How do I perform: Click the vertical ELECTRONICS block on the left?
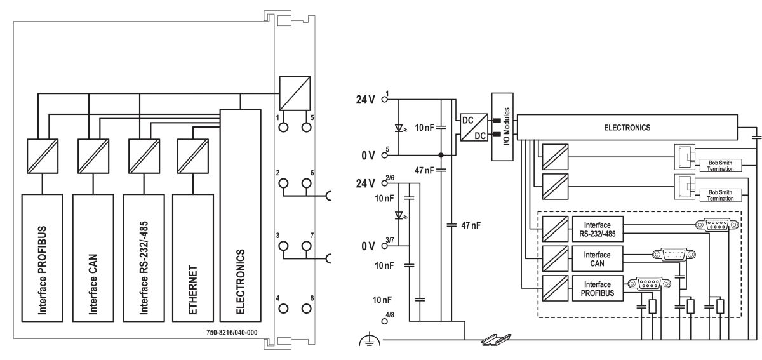pyautogui.click(x=240, y=216)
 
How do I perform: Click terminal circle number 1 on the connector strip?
pyautogui.click(x=283, y=127)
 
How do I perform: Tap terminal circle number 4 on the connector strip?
pyautogui.click(x=283, y=309)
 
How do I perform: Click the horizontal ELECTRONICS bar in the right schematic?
pyautogui.click(x=627, y=127)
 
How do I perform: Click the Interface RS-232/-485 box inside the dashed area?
pyautogui.click(x=598, y=229)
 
